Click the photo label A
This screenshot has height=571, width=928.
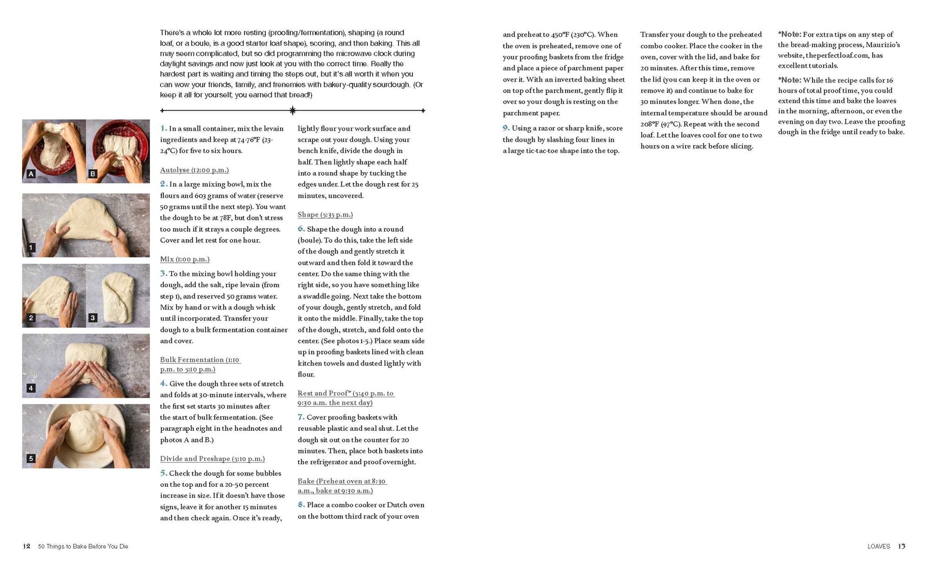(31, 174)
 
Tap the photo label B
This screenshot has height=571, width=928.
(93, 174)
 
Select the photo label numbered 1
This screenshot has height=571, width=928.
(31, 247)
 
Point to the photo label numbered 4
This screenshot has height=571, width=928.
(31, 388)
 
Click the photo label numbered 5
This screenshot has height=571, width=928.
(31, 458)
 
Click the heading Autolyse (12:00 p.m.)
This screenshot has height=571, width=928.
(194, 170)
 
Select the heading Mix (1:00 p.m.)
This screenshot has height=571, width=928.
(185, 259)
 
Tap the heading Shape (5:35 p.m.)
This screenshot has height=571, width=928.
(325, 215)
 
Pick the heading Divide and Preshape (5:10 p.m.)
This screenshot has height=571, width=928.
(213, 459)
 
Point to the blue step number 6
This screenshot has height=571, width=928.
(301, 229)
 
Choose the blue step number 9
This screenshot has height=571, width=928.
(506, 128)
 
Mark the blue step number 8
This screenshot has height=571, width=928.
(301, 505)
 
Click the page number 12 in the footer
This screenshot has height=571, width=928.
(26, 546)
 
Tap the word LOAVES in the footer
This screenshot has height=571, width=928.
(879, 546)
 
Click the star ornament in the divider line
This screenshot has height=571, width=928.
(293, 110)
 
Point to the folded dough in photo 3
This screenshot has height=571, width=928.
(118, 296)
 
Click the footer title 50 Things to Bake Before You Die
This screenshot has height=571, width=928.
(83, 546)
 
